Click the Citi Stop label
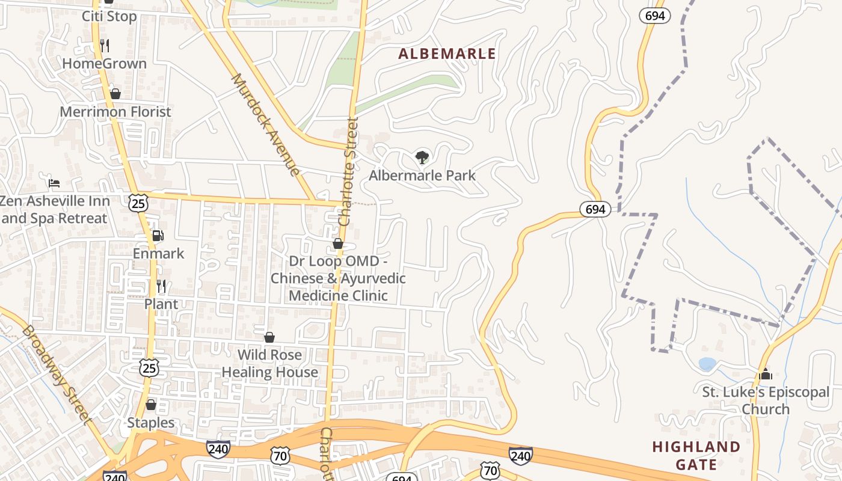pyautogui.click(x=109, y=16)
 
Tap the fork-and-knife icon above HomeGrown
pyautogui.click(x=105, y=45)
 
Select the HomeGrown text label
pyautogui.click(x=104, y=63)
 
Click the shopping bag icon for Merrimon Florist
pyautogui.click(x=115, y=94)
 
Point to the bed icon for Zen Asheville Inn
pyautogui.click(x=54, y=183)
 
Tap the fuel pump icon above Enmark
pyautogui.click(x=158, y=236)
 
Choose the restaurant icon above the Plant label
pyautogui.click(x=161, y=286)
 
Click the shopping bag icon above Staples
pyautogui.click(x=151, y=405)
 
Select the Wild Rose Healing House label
pyautogui.click(x=269, y=363)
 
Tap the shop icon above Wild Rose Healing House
pyautogui.click(x=269, y=337)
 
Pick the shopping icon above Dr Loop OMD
pyautogui.click(x=338, y=244)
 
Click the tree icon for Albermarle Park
pyautogui.click(x=422, y=158)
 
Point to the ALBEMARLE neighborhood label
pyautogui.click(x=447, y=54)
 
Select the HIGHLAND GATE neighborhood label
pyautogui.click(x=696, y=455)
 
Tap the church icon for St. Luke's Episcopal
pyautogui.click(x=765, y=374)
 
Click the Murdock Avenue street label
pyautogui.click(x=266, y=125)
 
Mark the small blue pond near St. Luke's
pyautogui.click(x=707, y=364)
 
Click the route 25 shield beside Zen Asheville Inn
pyautogui.click(x=138, y=203)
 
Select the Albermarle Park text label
pyautogui.click(x=422, y=176)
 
